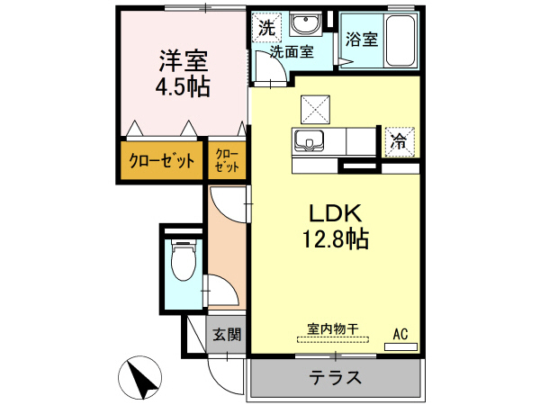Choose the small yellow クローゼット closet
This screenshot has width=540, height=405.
(x=227, y=162)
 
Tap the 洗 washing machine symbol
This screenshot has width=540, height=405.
(x=265, y=28)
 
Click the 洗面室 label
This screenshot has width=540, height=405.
(x=292, y=51)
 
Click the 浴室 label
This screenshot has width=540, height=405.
(x=362, y=40)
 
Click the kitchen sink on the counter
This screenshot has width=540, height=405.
(x=310, y=140)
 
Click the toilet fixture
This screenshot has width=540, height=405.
(x=183, y=262)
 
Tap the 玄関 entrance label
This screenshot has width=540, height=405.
(x=227, y=335)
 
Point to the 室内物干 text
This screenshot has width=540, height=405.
(x=333, y=329)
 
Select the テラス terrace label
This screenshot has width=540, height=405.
(x=336, y=378)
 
